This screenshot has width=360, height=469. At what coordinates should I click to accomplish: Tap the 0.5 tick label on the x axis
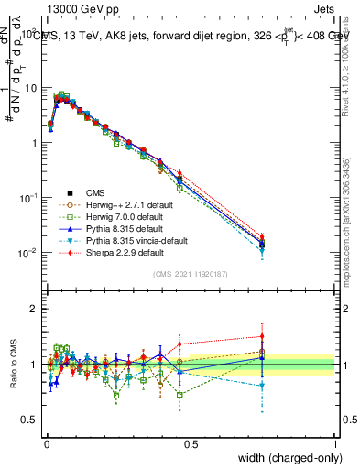(x=191, y=444)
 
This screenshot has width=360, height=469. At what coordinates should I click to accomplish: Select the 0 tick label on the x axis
(x=46, y=444)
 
